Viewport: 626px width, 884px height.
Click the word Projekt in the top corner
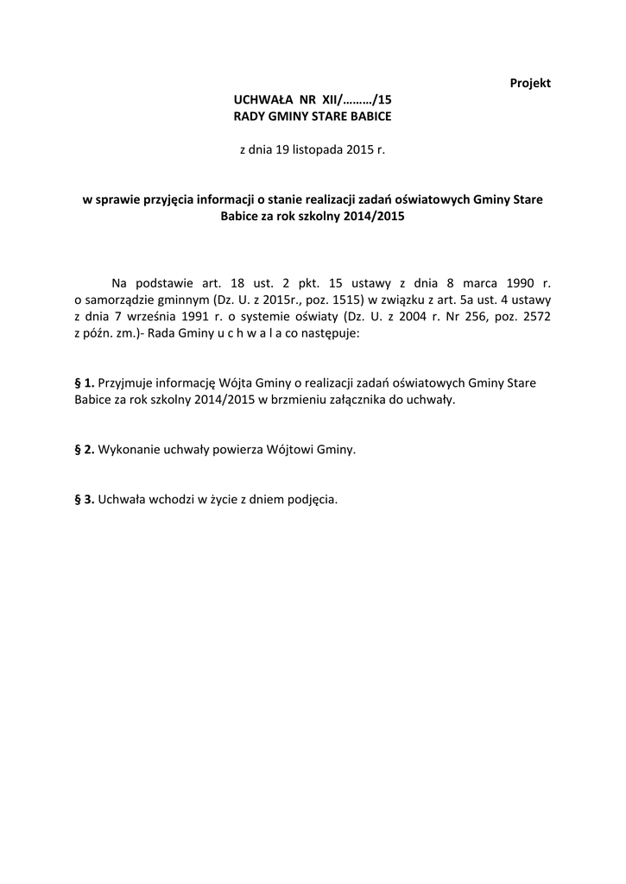(x=530, y=83)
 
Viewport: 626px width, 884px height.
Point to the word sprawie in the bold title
(x=116, y=199)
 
